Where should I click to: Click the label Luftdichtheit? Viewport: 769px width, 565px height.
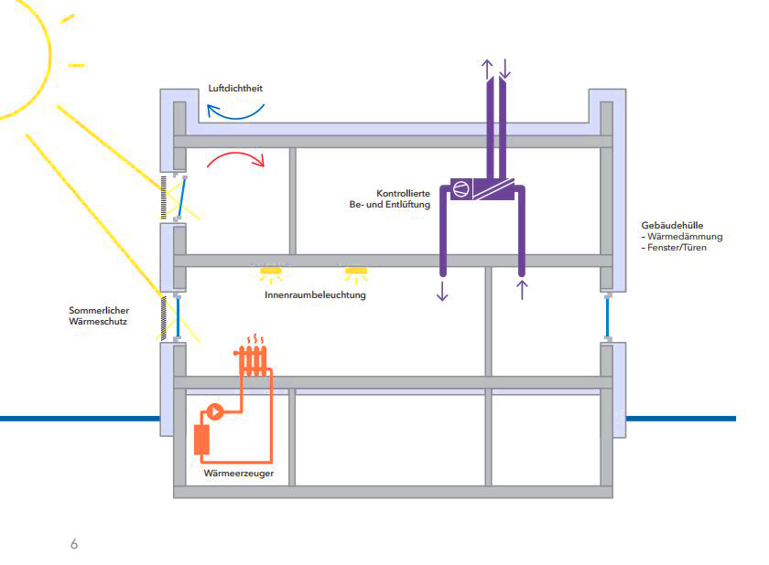tap(235, 88)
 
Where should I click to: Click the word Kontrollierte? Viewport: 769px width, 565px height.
tap(403, 194)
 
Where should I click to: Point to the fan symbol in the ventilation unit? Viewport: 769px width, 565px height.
tap(460, 188)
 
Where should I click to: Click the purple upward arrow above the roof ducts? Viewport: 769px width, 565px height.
tap(487, 69)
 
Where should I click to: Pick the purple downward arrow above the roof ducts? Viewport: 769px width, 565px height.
tap(504, 69)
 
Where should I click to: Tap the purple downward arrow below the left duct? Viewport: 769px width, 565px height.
tap(442, 291)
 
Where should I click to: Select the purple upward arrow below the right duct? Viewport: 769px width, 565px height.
tap(523, 289)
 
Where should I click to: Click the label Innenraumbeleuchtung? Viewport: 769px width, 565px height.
tap(315, 294)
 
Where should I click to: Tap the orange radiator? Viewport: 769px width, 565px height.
tap(252, 360)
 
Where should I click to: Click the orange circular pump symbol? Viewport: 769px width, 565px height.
tap(215, 411)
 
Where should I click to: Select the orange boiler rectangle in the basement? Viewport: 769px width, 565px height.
tap(201, 440)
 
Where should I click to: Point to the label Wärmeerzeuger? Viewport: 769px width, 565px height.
tap(239, 474)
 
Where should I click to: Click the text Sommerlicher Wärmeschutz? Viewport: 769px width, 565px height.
tap(99, 315)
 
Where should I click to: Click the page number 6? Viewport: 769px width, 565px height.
tap(74, 544)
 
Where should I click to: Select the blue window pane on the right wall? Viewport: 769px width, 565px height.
tap(608, 317)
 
